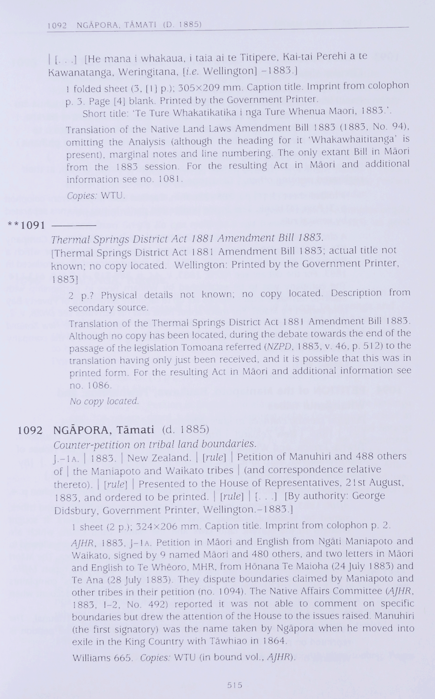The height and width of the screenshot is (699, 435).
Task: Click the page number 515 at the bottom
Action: coord(234,685)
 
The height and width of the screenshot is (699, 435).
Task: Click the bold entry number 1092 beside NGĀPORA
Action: coord(30,430)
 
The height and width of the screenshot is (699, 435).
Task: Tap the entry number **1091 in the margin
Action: coord(27,225)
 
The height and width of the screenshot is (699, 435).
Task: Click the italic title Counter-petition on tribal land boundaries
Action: coord(155,444)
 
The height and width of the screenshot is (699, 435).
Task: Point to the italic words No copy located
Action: coord(104,401)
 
